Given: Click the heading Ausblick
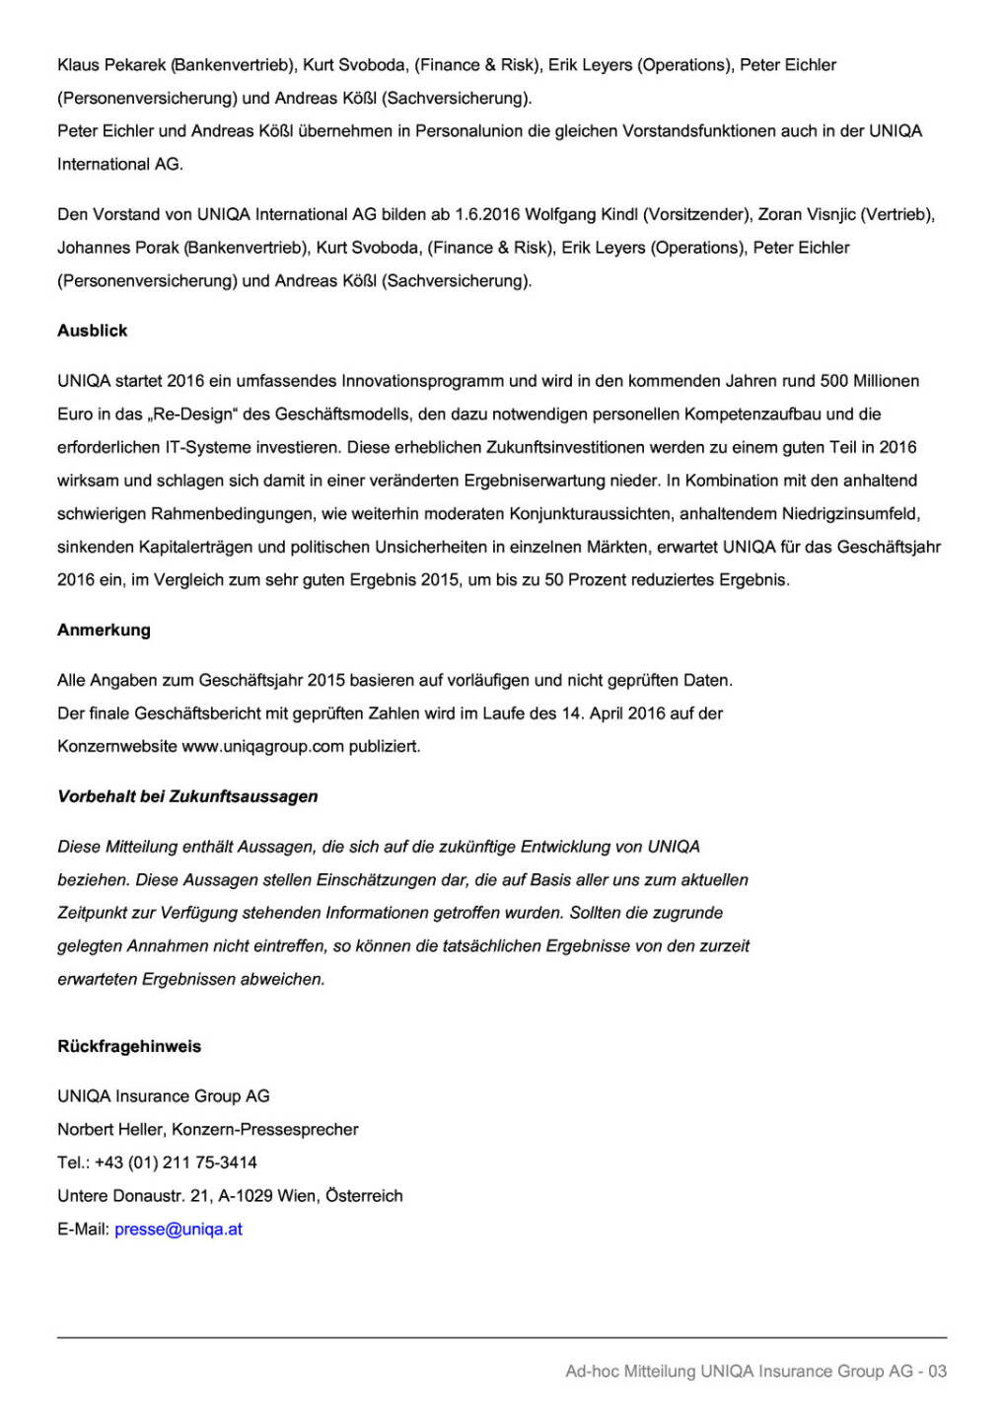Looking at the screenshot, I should pyautogui.click(x=93, y=331).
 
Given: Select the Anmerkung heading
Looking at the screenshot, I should pyautogui.click(x=104, y=630).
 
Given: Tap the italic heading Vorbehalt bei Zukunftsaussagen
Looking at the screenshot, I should pyautogui.click(x=187, y=796).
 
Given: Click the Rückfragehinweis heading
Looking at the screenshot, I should pyautogui.click(x=129, y=1046).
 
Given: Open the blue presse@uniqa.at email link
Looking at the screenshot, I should pyautogui.click(x=179, y=1229).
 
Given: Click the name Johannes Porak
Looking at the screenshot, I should pyautogui.click(x=117, y=248).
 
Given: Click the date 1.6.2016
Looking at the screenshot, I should pyautogui.click(x=487, y=214).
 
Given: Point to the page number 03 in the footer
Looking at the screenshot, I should pyautogui.click(x=937, y=1371).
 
